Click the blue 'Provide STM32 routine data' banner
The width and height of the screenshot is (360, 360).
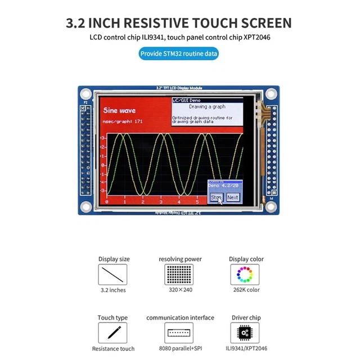tap(179, 54)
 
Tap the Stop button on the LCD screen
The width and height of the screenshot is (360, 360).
tap(216, 197)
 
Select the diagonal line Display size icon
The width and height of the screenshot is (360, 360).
tap(112, 274)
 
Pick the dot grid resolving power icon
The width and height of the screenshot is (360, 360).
tap(180, 274)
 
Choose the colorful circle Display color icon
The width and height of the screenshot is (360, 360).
tap(245, 274)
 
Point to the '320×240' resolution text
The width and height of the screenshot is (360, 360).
tap(180, 290)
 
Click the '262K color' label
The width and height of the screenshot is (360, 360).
tap(246, 290)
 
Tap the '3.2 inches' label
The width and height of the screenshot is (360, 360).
tap(113, 290)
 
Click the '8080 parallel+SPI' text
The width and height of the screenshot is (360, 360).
tap(180, 349)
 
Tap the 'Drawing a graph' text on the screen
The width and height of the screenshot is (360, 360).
tap(206, 106)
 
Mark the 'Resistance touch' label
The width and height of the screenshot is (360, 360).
tap(113, 349)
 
